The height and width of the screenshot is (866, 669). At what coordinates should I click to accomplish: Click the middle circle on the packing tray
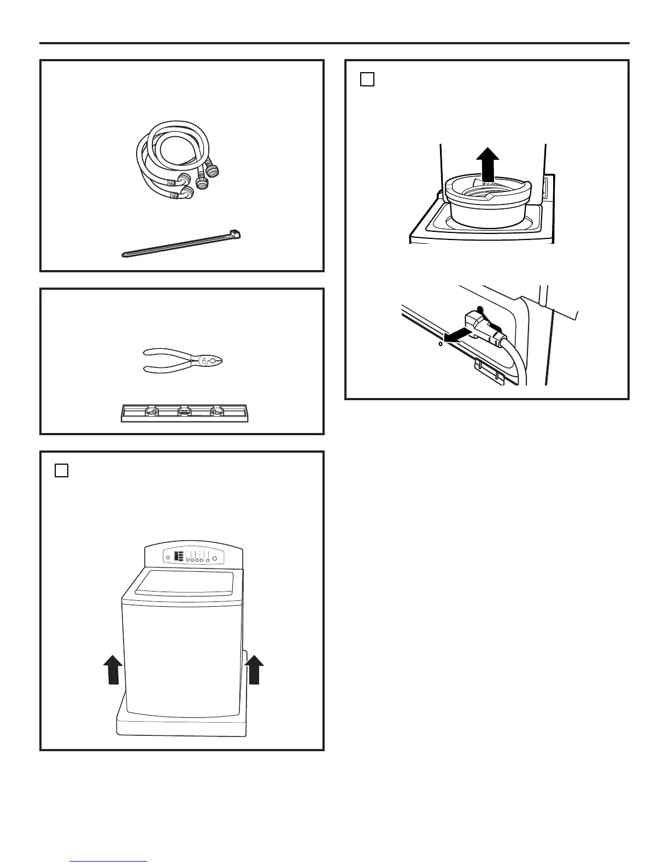click(184, 411)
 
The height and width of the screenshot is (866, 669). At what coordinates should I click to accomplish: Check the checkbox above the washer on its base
click(62, 470)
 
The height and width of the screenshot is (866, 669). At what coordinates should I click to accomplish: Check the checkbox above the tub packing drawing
click(367, 80)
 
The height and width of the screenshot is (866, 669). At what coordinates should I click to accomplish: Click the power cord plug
click(484, 328)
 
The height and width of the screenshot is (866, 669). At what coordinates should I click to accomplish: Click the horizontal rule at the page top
click(334, 43)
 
